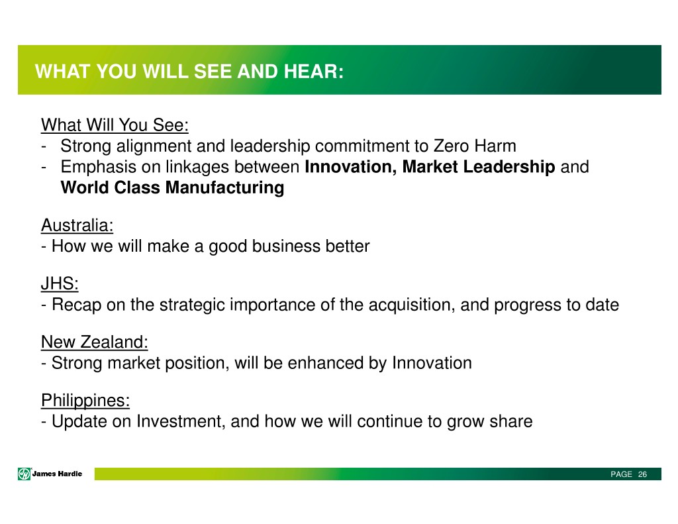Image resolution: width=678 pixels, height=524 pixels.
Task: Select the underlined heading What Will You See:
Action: (x=115, y=125)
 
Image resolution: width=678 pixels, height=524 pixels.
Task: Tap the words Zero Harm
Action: (x=475, y=146)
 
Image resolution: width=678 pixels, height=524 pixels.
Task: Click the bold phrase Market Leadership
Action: (x=479, y=166)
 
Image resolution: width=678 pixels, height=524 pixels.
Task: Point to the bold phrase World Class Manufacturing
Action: (x=173, y=187)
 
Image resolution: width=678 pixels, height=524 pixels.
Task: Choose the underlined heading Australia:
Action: (x=77, y=225)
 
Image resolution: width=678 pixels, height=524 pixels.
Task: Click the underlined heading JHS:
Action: (x=60, y=284)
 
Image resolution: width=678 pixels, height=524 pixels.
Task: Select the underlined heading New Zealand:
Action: (x=95, y=342)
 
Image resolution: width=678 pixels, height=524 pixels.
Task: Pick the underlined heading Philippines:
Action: (x=85, y=401)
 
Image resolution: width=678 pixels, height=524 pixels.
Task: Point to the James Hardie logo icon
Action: (x=24, y=474)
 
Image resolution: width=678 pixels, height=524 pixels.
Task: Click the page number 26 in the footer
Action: (x=642, y=474)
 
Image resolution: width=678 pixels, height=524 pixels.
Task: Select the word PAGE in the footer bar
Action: (x=621, y=474)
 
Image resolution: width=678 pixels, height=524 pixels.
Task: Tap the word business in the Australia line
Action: (x=286, y=246)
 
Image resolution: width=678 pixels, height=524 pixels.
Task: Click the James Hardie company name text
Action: (x=57, y=474)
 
